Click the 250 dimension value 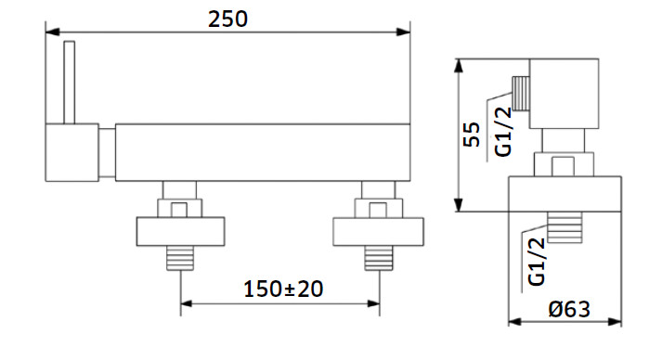227,19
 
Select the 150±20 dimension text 283,289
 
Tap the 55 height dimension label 472,135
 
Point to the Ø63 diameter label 569,309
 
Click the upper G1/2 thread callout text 503,132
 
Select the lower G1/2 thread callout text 537,262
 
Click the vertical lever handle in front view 70,83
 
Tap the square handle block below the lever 72,152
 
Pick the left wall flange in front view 180,231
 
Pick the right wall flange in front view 378,231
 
